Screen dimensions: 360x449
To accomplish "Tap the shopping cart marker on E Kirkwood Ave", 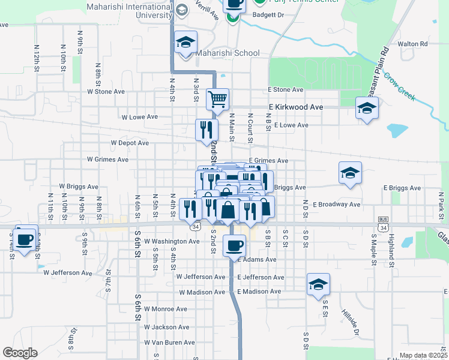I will pyautogui.click(x=217, y=98).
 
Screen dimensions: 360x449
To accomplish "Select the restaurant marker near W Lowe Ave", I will pyautogui.click(x=206, y=128).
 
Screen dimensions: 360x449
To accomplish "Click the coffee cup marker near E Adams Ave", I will pyautogui.click(x=234, y=244).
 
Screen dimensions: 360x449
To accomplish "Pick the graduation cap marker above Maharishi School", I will pyautogui.click(x=186, y=43).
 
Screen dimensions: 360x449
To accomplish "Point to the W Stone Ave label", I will pyautogui.click(x=106, y=92).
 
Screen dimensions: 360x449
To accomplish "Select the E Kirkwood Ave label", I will pyautogui.click(x=295, y=107).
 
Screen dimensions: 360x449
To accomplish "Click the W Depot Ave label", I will pyautogui.click(x=129, y=143).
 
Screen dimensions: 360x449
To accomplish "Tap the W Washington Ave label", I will pyautogui.click(x=175, y=242).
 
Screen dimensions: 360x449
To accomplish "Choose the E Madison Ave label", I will pyautogui.click(x=259, y=292).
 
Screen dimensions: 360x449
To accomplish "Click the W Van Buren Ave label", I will pyautogui.click(x=169, y=343).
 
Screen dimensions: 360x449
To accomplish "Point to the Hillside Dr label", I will pyautogui.click(x=349, y=323).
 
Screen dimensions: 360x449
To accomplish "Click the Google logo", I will pyautogui.click(x=20, y=353).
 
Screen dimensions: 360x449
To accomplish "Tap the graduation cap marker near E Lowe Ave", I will pyautogui.click(x=367, y=109).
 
